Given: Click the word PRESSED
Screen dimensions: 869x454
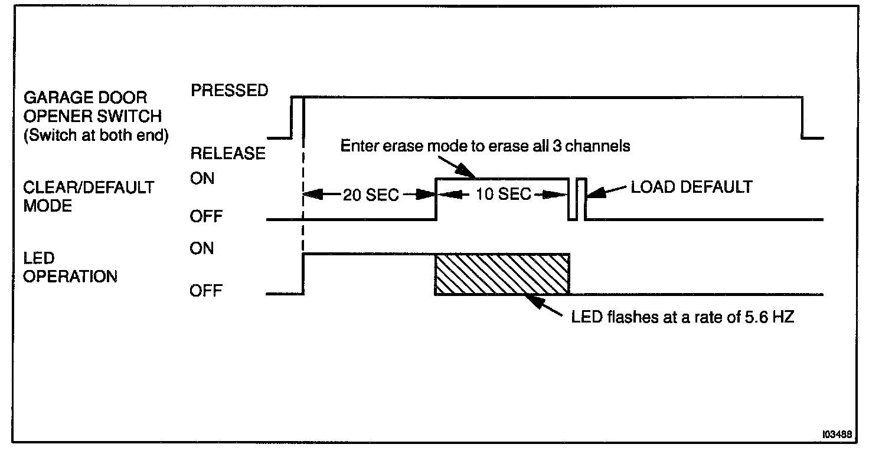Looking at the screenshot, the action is pyautogui.click(x=229, y=90).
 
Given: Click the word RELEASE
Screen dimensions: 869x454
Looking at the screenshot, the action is pyautogui.click(x=228, y=153).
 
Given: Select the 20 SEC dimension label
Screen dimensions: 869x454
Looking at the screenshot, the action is pyautogui.click(x=371, y=195).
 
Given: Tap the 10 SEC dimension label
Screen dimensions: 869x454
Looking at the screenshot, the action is pyautogui.click(x=503, y=194).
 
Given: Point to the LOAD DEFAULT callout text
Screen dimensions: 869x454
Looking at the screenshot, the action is pyautogui.click(x=692, y=187).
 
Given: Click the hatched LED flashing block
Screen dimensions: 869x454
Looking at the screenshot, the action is pyautogui.click(x=502, y=274).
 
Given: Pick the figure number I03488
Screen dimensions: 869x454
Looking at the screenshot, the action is pyautogui.click(x=837, y=435).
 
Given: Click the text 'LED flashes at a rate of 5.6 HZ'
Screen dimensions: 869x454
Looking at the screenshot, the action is pyautogui.click(x=683, y=317).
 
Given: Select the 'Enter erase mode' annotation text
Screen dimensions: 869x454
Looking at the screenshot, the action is pyautogui.click(x=485, y=146).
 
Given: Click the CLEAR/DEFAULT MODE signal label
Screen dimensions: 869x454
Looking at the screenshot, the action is pyautogui.click(x=89, y=196).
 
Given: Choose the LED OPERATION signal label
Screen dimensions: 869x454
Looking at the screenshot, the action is pyautogui.click(x=70, y=267).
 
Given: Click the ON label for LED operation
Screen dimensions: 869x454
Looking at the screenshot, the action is pyautogui.click(x=202, y=248).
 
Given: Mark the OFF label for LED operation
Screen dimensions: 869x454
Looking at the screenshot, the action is pyautogui.click(x=206, y=291).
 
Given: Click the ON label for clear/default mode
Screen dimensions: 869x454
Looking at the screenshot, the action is pyautogui.click(x=202, y=179).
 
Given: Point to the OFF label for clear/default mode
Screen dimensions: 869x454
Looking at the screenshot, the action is pyautogui.click(x=206, y=216).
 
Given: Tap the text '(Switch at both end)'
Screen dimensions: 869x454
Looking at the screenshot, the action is pyautogui.click(x=96, y=135).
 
